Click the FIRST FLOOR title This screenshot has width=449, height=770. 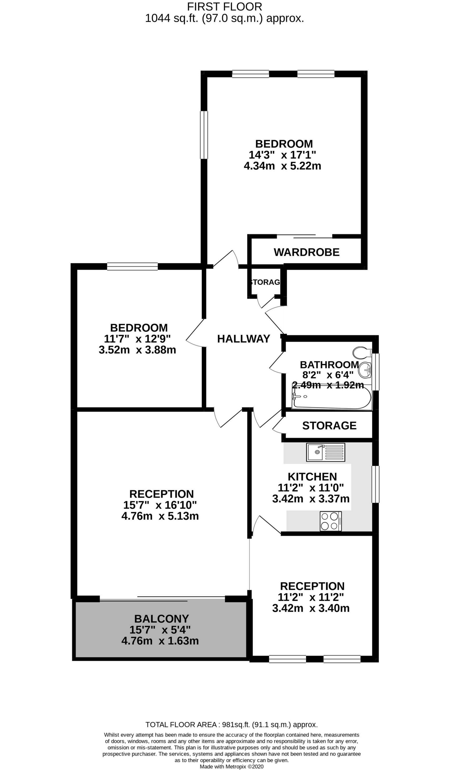coord(224,7)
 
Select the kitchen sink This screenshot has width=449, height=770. coord(325,452)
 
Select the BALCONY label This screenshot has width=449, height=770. coord(162,619)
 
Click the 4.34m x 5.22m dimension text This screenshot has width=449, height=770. coord(282,166)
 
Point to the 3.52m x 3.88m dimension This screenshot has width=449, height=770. coord(137,350)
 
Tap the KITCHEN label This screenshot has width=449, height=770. coord(312,477)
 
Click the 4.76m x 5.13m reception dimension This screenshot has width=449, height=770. coord(160,516)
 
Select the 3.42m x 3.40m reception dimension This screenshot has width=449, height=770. coord(311,608)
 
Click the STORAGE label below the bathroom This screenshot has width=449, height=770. coord(329,425)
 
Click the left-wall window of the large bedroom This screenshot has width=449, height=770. coord(204,135)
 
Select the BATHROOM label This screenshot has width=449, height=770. coord(329,365)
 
